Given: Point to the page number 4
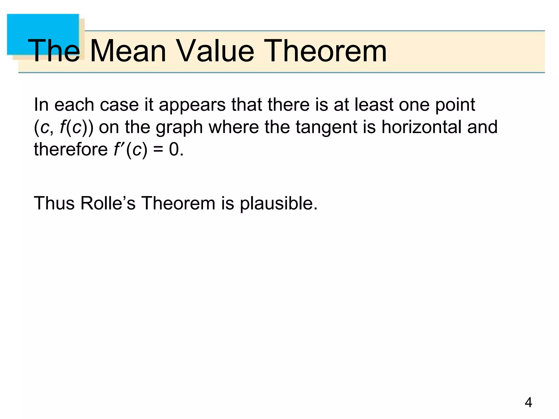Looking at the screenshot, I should coord(528,403).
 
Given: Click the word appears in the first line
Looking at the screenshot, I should coord(192,105).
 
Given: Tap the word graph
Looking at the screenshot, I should coord(179,127).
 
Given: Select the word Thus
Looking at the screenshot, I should coord(54,203).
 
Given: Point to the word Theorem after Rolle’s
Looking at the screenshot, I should coord(178,203).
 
